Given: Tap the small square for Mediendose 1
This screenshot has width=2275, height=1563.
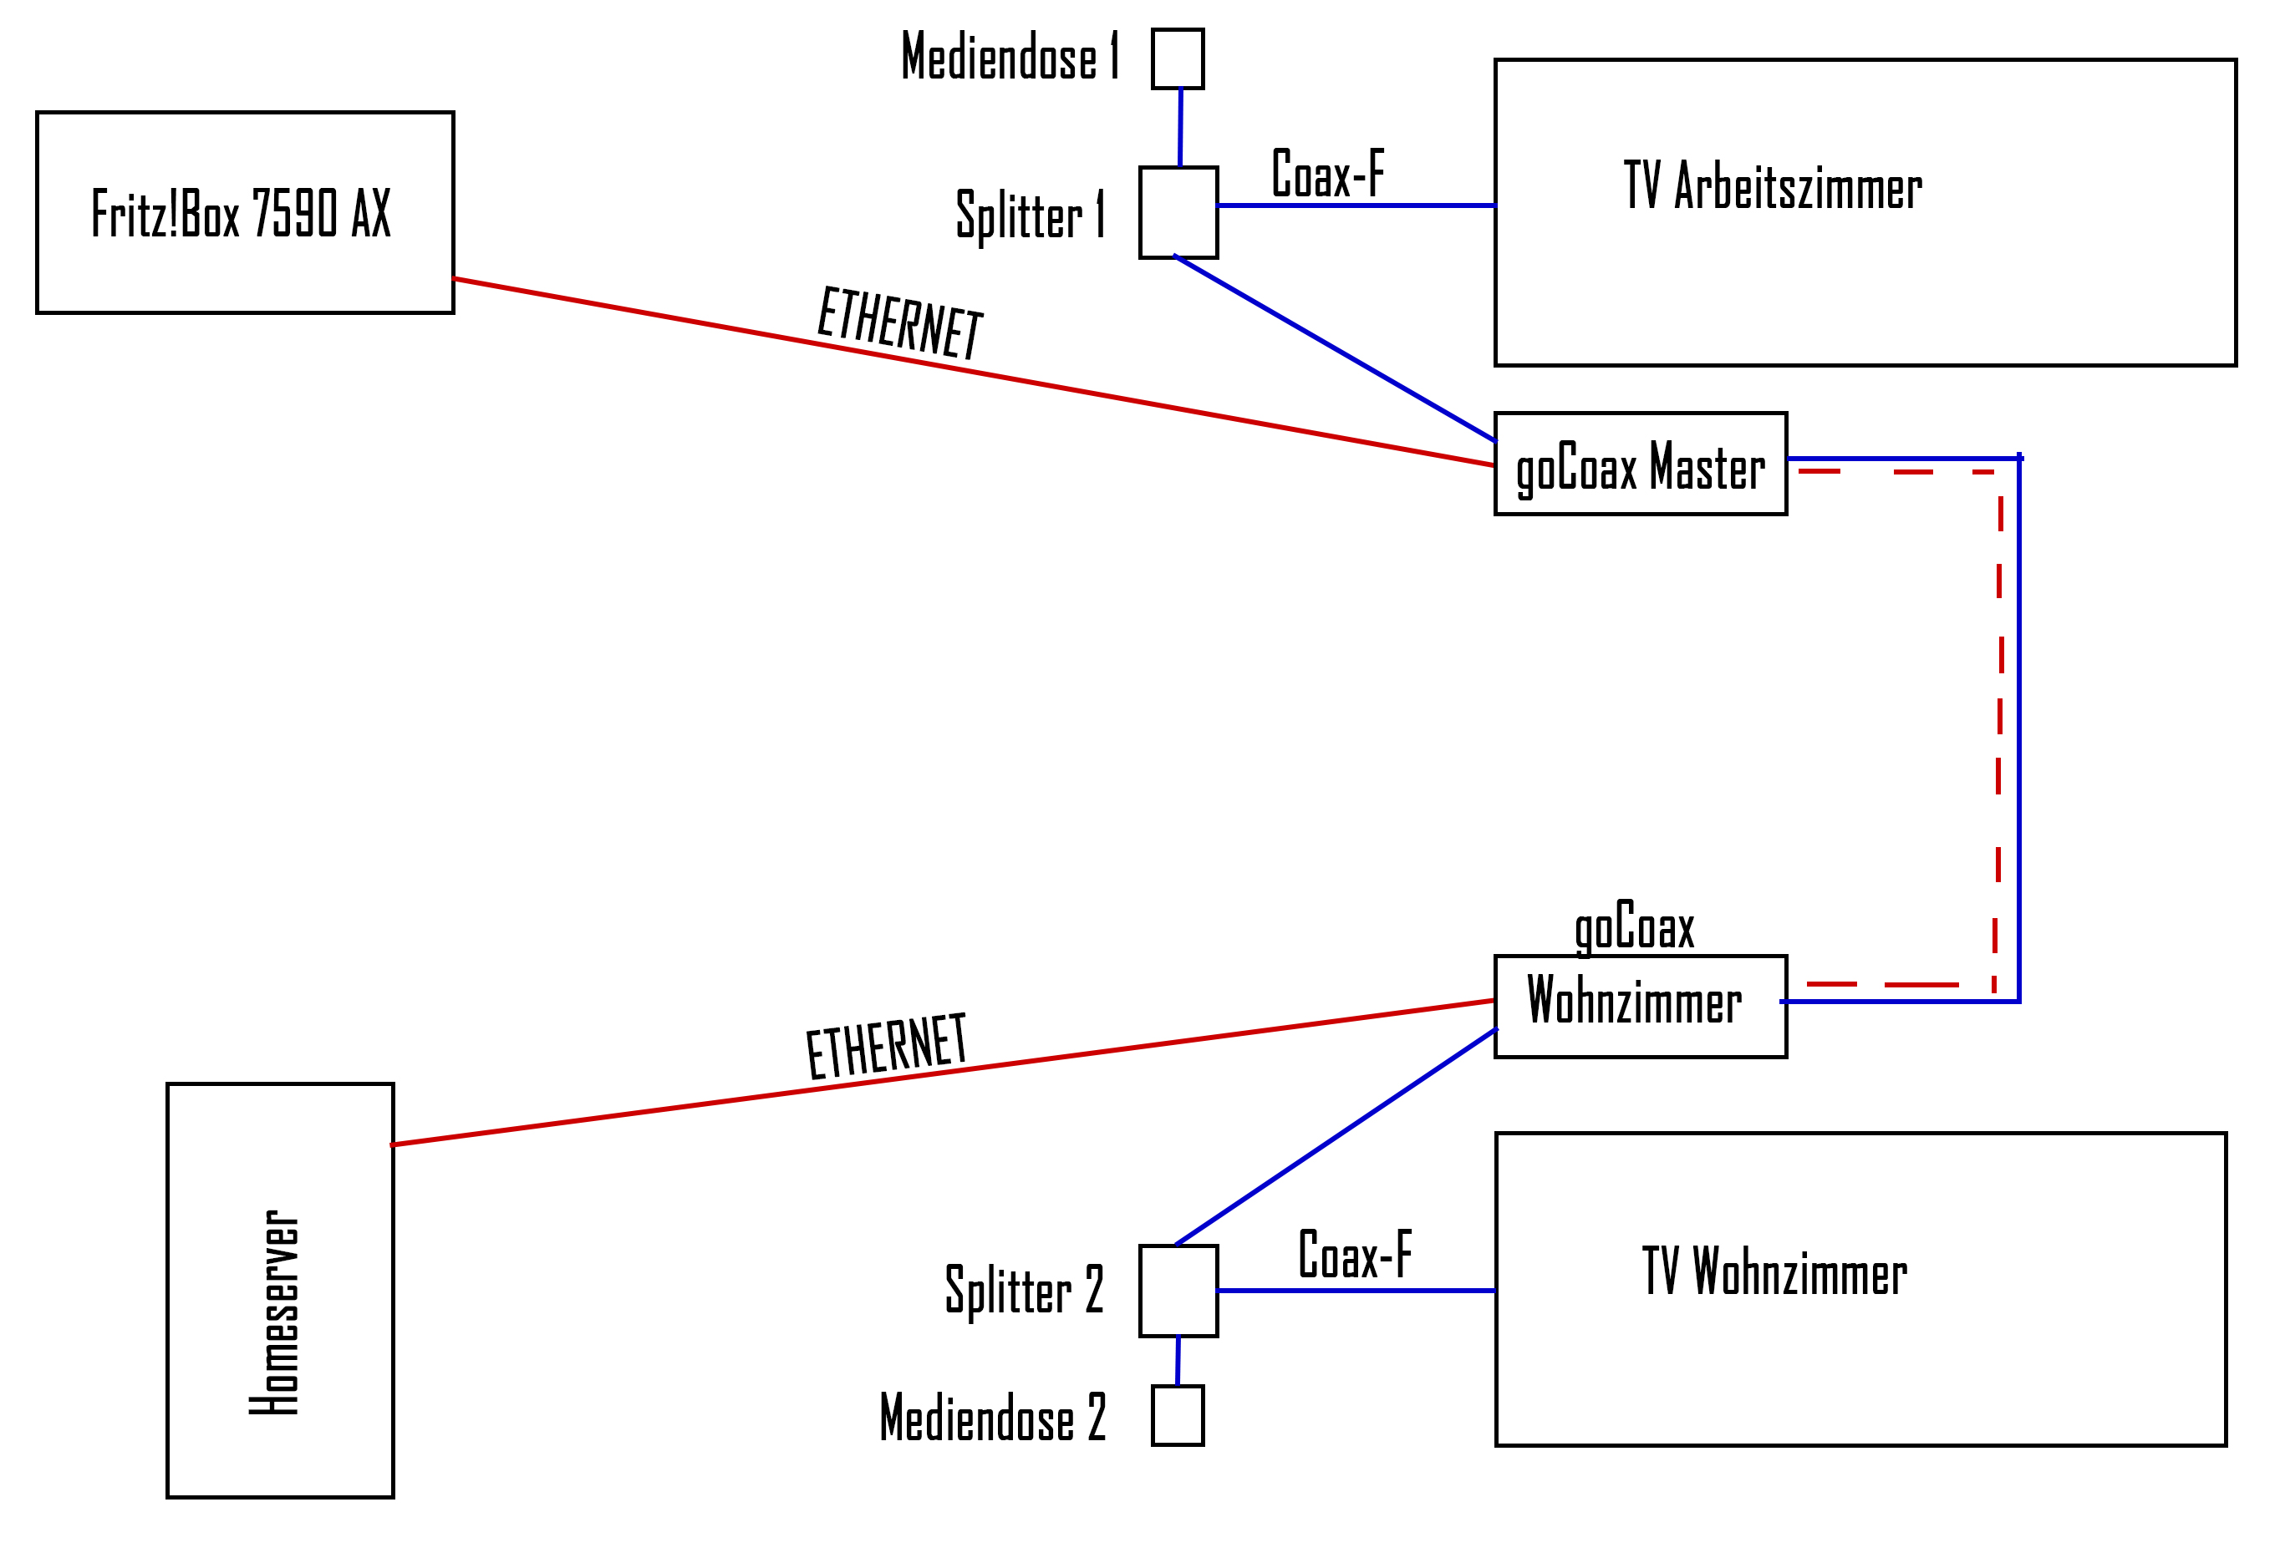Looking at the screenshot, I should coord(1177,58).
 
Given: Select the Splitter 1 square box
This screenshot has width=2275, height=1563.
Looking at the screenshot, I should coord(1178,212).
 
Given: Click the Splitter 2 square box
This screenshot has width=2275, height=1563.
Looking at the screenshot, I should coord(1178,1291).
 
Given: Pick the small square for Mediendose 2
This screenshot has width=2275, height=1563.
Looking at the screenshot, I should coord(1177,1415).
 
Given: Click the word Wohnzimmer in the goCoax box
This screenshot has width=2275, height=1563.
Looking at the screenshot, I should coord(1634,1001).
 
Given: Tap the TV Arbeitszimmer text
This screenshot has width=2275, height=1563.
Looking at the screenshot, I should coord(1773,186).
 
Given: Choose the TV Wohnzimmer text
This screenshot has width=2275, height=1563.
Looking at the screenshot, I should coord(1774,1271).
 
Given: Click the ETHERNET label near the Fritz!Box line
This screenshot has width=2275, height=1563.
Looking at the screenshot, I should coord(899,322).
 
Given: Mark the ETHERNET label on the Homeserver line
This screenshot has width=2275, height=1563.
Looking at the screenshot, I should coord(887,1046).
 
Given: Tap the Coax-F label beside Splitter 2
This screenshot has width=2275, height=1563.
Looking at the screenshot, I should coord(1355,1255).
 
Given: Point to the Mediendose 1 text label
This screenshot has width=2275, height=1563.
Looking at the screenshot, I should coord(1009,56).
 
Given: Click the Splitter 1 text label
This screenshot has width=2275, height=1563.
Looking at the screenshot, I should coord(1031,216).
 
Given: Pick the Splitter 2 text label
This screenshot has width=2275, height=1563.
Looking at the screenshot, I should coord(1024,1291).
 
